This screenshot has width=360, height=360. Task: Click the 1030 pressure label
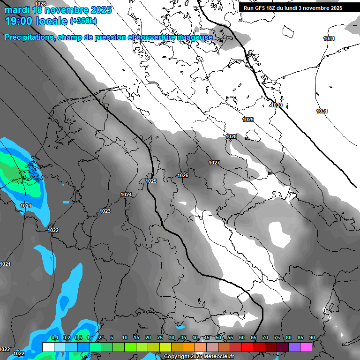[277, 105]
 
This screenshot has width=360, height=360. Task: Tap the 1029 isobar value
[248, 120]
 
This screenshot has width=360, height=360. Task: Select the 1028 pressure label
[231, 137]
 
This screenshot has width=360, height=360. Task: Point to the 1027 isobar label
[214, 163]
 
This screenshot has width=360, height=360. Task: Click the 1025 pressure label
[151, 181]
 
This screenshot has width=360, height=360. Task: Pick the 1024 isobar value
[126, 195]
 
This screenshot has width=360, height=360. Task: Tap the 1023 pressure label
[105, 211]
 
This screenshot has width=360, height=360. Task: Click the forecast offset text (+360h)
[83, 21]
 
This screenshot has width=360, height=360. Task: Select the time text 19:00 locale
[37, 21]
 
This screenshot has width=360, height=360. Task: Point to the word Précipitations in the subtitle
[29, 37]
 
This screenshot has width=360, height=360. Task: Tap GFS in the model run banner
[262, 8]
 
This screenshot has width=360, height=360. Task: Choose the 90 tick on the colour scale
[312, 337]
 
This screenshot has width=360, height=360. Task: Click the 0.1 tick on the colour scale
[54, 337]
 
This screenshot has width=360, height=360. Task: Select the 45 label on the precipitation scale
[207, 337]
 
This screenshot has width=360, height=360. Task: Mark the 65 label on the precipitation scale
[254, 337]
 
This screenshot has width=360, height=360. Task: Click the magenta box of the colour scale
[306, 347]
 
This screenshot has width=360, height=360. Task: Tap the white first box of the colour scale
[48, 347]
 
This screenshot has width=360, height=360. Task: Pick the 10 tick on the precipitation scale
[125, 337]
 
